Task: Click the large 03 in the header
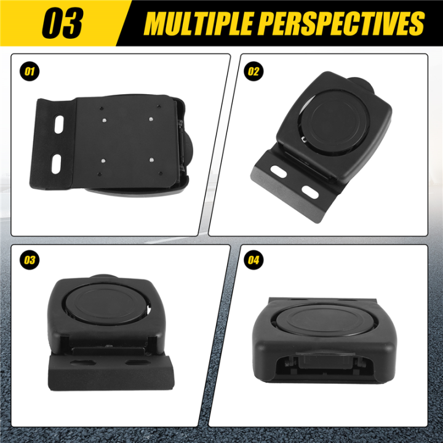62,24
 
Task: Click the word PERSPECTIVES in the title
342,24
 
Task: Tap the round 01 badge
29,71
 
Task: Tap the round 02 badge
253,71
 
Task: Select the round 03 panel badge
29,260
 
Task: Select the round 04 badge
253,260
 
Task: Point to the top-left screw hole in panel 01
104,120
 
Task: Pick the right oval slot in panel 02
310,192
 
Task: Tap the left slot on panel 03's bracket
80,362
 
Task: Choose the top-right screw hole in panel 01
151,119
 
